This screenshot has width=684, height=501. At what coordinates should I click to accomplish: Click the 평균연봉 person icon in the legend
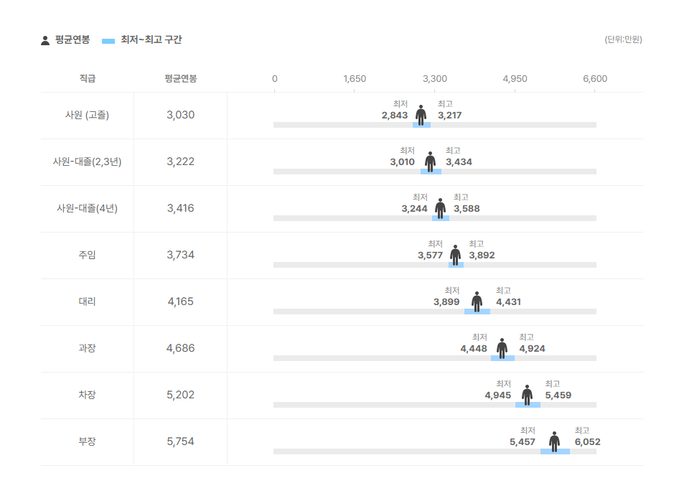click(x=45, y=41)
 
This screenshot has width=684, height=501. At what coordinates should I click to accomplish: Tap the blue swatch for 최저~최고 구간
click(x=108, y=41)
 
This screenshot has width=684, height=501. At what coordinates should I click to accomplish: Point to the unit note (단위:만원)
click(x=623, y=39)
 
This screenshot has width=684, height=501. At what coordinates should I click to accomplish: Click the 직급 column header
click(x=88, y=78)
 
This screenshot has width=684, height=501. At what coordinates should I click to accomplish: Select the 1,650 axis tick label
click(x=355, y=79)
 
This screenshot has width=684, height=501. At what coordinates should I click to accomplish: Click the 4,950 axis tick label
click(x=515, y=79)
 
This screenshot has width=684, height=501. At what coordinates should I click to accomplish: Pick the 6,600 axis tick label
click(x=595, y=79)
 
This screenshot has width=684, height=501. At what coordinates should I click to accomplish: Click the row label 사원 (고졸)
click(x=88, y=116)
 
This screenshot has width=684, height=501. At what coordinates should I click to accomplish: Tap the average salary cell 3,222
click(x=181, y=162)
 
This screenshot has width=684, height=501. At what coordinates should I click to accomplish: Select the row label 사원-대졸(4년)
click(x=88, y=209)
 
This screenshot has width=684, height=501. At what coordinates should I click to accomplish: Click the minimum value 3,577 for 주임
click(x=430, y=256)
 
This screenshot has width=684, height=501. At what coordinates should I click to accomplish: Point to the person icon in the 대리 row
click(x=477, y=301)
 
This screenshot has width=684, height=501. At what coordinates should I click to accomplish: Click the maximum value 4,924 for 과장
click(x=532, y=349)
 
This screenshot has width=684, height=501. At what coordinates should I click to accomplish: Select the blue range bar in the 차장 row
click(x=528, y=405)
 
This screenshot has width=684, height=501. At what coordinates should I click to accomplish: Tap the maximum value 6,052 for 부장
click(x=588, y=442)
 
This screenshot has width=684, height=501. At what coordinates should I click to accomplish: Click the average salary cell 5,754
click(x=181, y=441)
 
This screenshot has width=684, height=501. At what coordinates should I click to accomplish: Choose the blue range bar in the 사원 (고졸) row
click(x=421, y=125)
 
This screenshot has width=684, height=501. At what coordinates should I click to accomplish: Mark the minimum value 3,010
click(x=402, y=162)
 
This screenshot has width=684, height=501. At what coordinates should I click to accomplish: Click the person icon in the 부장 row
click(x=554, y=441)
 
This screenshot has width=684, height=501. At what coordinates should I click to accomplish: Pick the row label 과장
click(x=88, y=348)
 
